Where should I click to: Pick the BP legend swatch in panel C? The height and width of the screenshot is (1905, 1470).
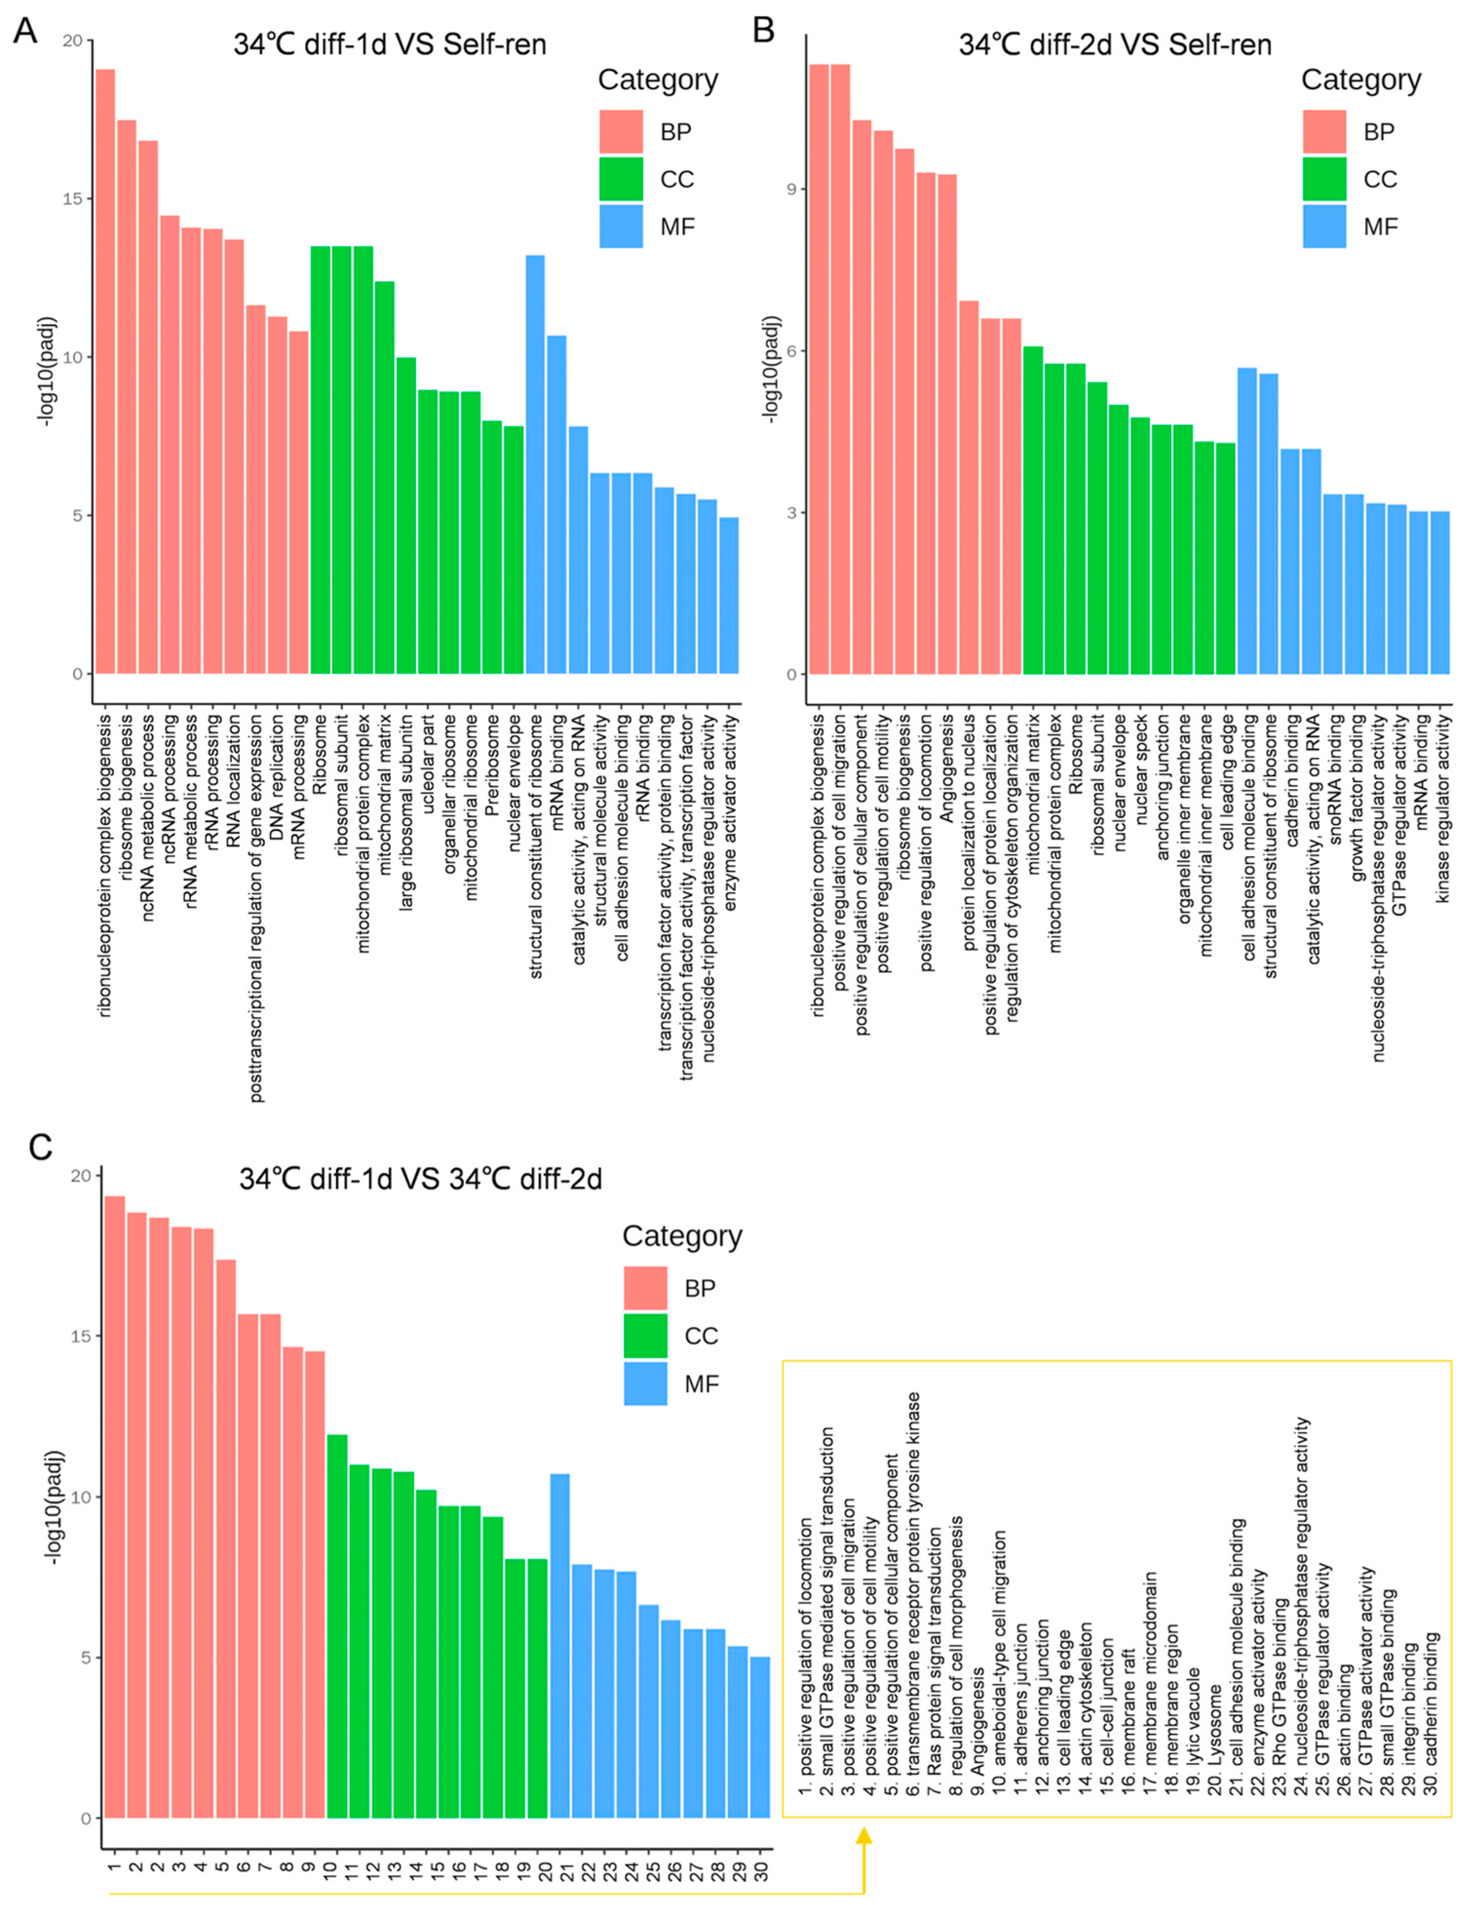645,1288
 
